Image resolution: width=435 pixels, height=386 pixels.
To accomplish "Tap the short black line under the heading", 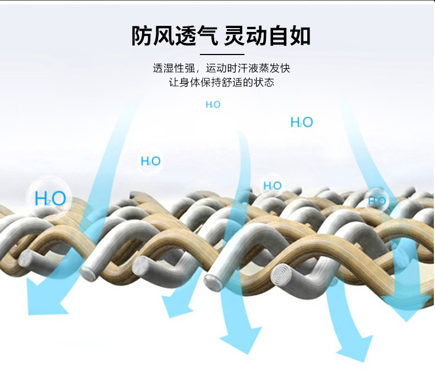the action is [221, 55].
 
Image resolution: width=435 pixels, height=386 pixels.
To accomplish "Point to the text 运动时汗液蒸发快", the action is [248, 69].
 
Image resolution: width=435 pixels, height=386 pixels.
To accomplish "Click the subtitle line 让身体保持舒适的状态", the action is [221, 83].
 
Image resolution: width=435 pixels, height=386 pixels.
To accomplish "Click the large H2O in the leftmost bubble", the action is [50, 198].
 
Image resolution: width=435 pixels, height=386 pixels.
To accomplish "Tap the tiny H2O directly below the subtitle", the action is [213, 105].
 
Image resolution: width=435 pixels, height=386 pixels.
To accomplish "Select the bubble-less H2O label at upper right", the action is [301, 122].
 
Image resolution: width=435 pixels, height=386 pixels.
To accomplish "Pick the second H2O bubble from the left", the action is [150, 161].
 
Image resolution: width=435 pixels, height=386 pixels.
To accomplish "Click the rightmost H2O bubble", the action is [377, 201].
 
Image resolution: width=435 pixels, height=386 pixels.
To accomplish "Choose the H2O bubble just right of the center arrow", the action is [272, 186].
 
